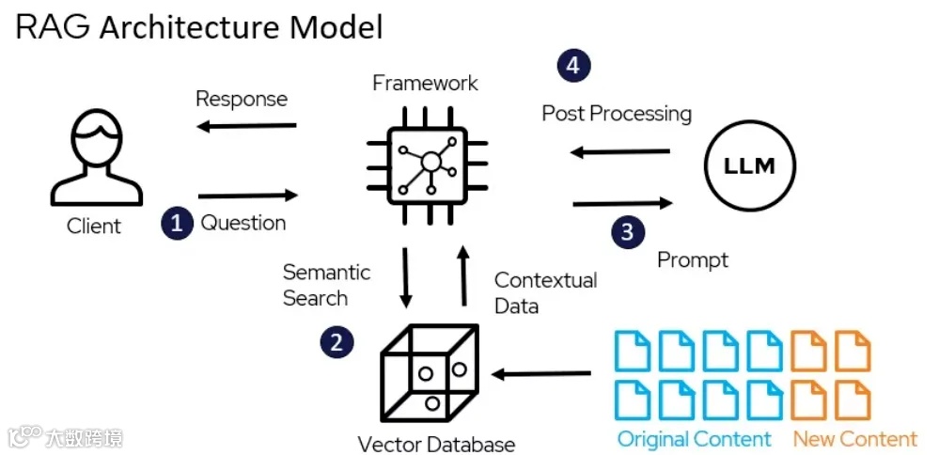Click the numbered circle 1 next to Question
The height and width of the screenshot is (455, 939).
point(176,224)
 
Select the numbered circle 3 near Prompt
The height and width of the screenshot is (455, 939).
point(627,231)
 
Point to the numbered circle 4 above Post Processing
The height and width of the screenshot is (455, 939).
point(573,66)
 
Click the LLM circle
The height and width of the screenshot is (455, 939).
point(749,167)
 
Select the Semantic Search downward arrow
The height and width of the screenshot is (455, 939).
point(405,277)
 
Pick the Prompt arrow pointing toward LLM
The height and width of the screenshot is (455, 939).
point(622,203)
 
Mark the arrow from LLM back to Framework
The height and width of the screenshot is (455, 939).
point(622,150)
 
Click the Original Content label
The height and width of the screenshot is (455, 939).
point(694,439)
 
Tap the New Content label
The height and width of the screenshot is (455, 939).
point(854,439)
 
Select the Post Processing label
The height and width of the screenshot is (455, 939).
point(617,114)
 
